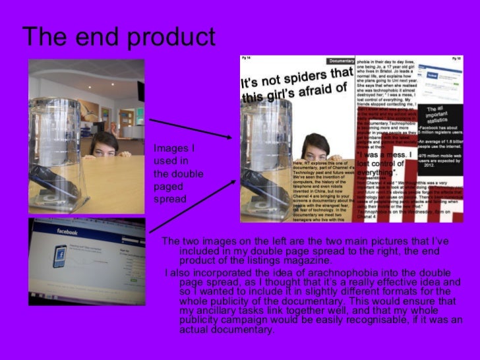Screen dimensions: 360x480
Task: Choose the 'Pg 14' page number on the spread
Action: (248, 58)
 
